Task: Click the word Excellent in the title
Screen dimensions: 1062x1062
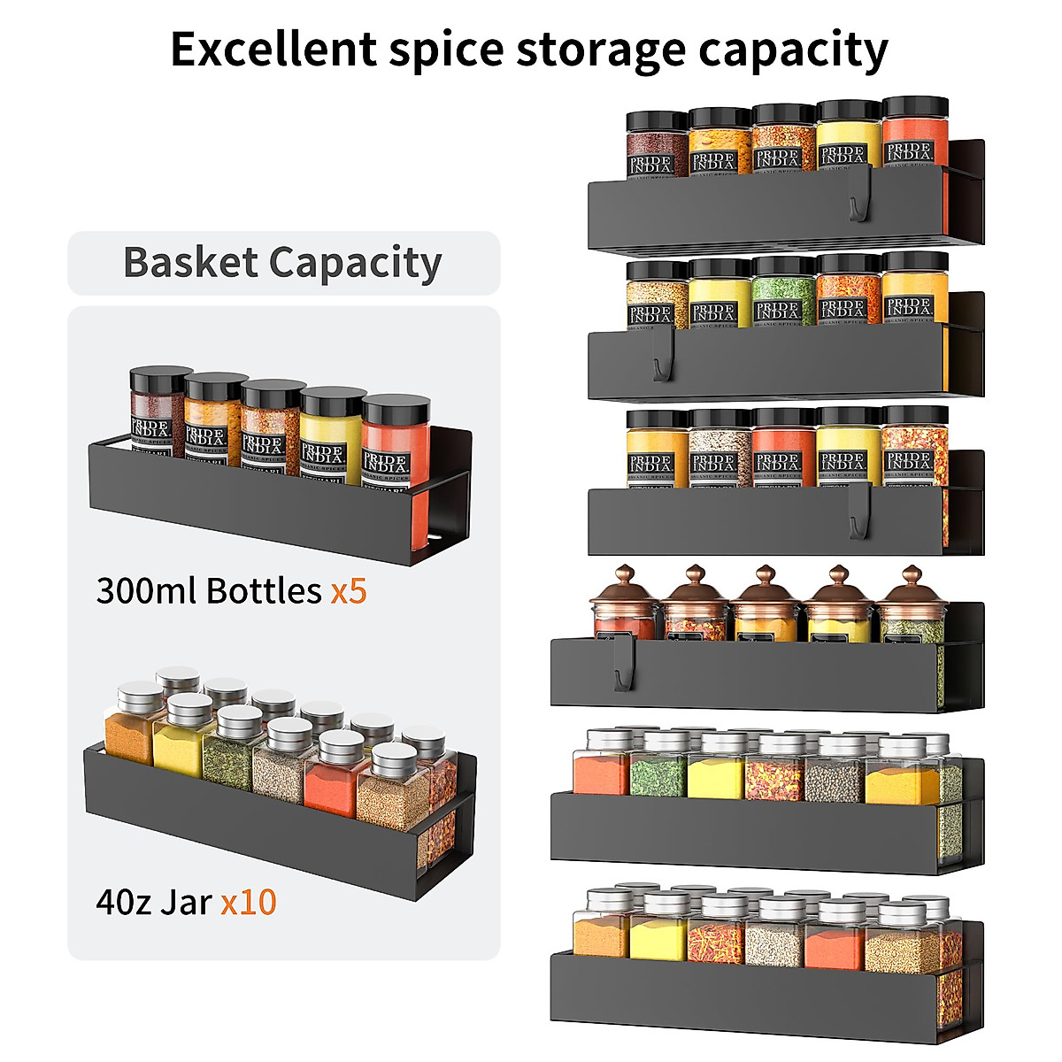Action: coord(273,50)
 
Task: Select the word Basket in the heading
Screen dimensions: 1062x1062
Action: coord(190,263)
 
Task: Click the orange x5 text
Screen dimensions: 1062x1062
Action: coord(348,590)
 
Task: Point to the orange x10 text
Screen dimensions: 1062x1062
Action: coord(249,902)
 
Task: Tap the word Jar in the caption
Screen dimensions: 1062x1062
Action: coord(186,902)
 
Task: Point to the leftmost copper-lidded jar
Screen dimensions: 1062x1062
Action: coord(625,606)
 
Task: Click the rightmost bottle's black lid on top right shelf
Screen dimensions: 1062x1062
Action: coord(915,108)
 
